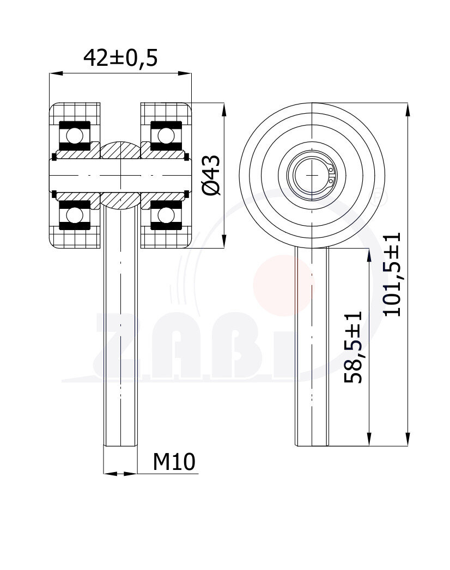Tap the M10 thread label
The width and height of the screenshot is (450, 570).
point(173,462)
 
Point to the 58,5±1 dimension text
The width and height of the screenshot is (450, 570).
point(354,347)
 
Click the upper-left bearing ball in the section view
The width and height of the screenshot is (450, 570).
point(75,134)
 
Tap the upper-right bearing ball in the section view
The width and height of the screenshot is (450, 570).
point(166,134)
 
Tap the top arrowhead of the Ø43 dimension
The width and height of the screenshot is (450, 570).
point(223,108)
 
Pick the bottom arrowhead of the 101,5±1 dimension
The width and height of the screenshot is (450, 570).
point(408,440)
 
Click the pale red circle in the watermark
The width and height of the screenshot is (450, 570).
point(283,286)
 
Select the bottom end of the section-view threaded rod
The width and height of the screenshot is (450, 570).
point(120,444)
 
